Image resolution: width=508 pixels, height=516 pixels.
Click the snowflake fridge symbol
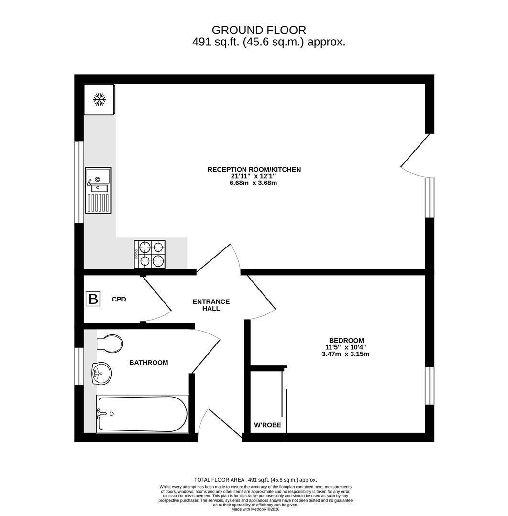tap(99, 99)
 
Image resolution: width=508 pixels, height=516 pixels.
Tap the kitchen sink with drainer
tap(98, 190)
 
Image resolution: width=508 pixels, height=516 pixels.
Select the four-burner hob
tap(150, 254)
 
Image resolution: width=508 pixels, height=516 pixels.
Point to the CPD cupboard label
tap(119, 300)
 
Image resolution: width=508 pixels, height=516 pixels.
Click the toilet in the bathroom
tap(110, 344)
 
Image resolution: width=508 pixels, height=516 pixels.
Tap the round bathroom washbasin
tap(102, 374)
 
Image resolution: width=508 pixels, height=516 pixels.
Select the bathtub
tap(143, 414)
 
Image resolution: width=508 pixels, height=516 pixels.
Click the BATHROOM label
tap(149, 363)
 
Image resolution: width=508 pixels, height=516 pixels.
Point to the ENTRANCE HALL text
tap(211, 305)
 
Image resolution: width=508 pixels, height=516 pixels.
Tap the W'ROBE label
tap(268, 425)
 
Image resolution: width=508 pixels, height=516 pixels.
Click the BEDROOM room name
tap(347, 341)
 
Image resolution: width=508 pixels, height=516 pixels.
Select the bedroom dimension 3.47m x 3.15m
tap(345, 355)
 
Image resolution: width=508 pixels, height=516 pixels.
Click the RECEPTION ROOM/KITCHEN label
tap(254, 170)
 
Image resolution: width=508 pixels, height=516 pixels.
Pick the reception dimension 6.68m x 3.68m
tap(254, 183)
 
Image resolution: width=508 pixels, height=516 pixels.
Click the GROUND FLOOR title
tap(259, 30)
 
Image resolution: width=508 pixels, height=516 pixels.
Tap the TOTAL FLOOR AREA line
tap(255, 480)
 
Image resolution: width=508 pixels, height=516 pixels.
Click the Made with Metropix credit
tap(255, 509)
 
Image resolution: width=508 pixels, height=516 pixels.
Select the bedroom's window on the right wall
tap(430, 386)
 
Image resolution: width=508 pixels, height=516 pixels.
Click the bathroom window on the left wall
tap(79, 366)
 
